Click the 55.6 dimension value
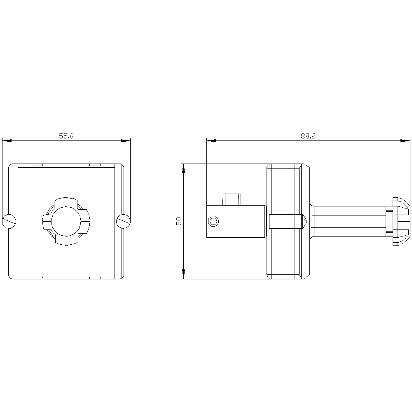[x=66, y=136]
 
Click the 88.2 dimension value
[x=308, y=136]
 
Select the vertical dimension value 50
[x=179, y=221]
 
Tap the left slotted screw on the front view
[x=9, y=221]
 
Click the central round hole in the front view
[x=66, y=221]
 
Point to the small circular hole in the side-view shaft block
[x=213, y=222]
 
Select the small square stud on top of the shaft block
[x=231, y=199]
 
